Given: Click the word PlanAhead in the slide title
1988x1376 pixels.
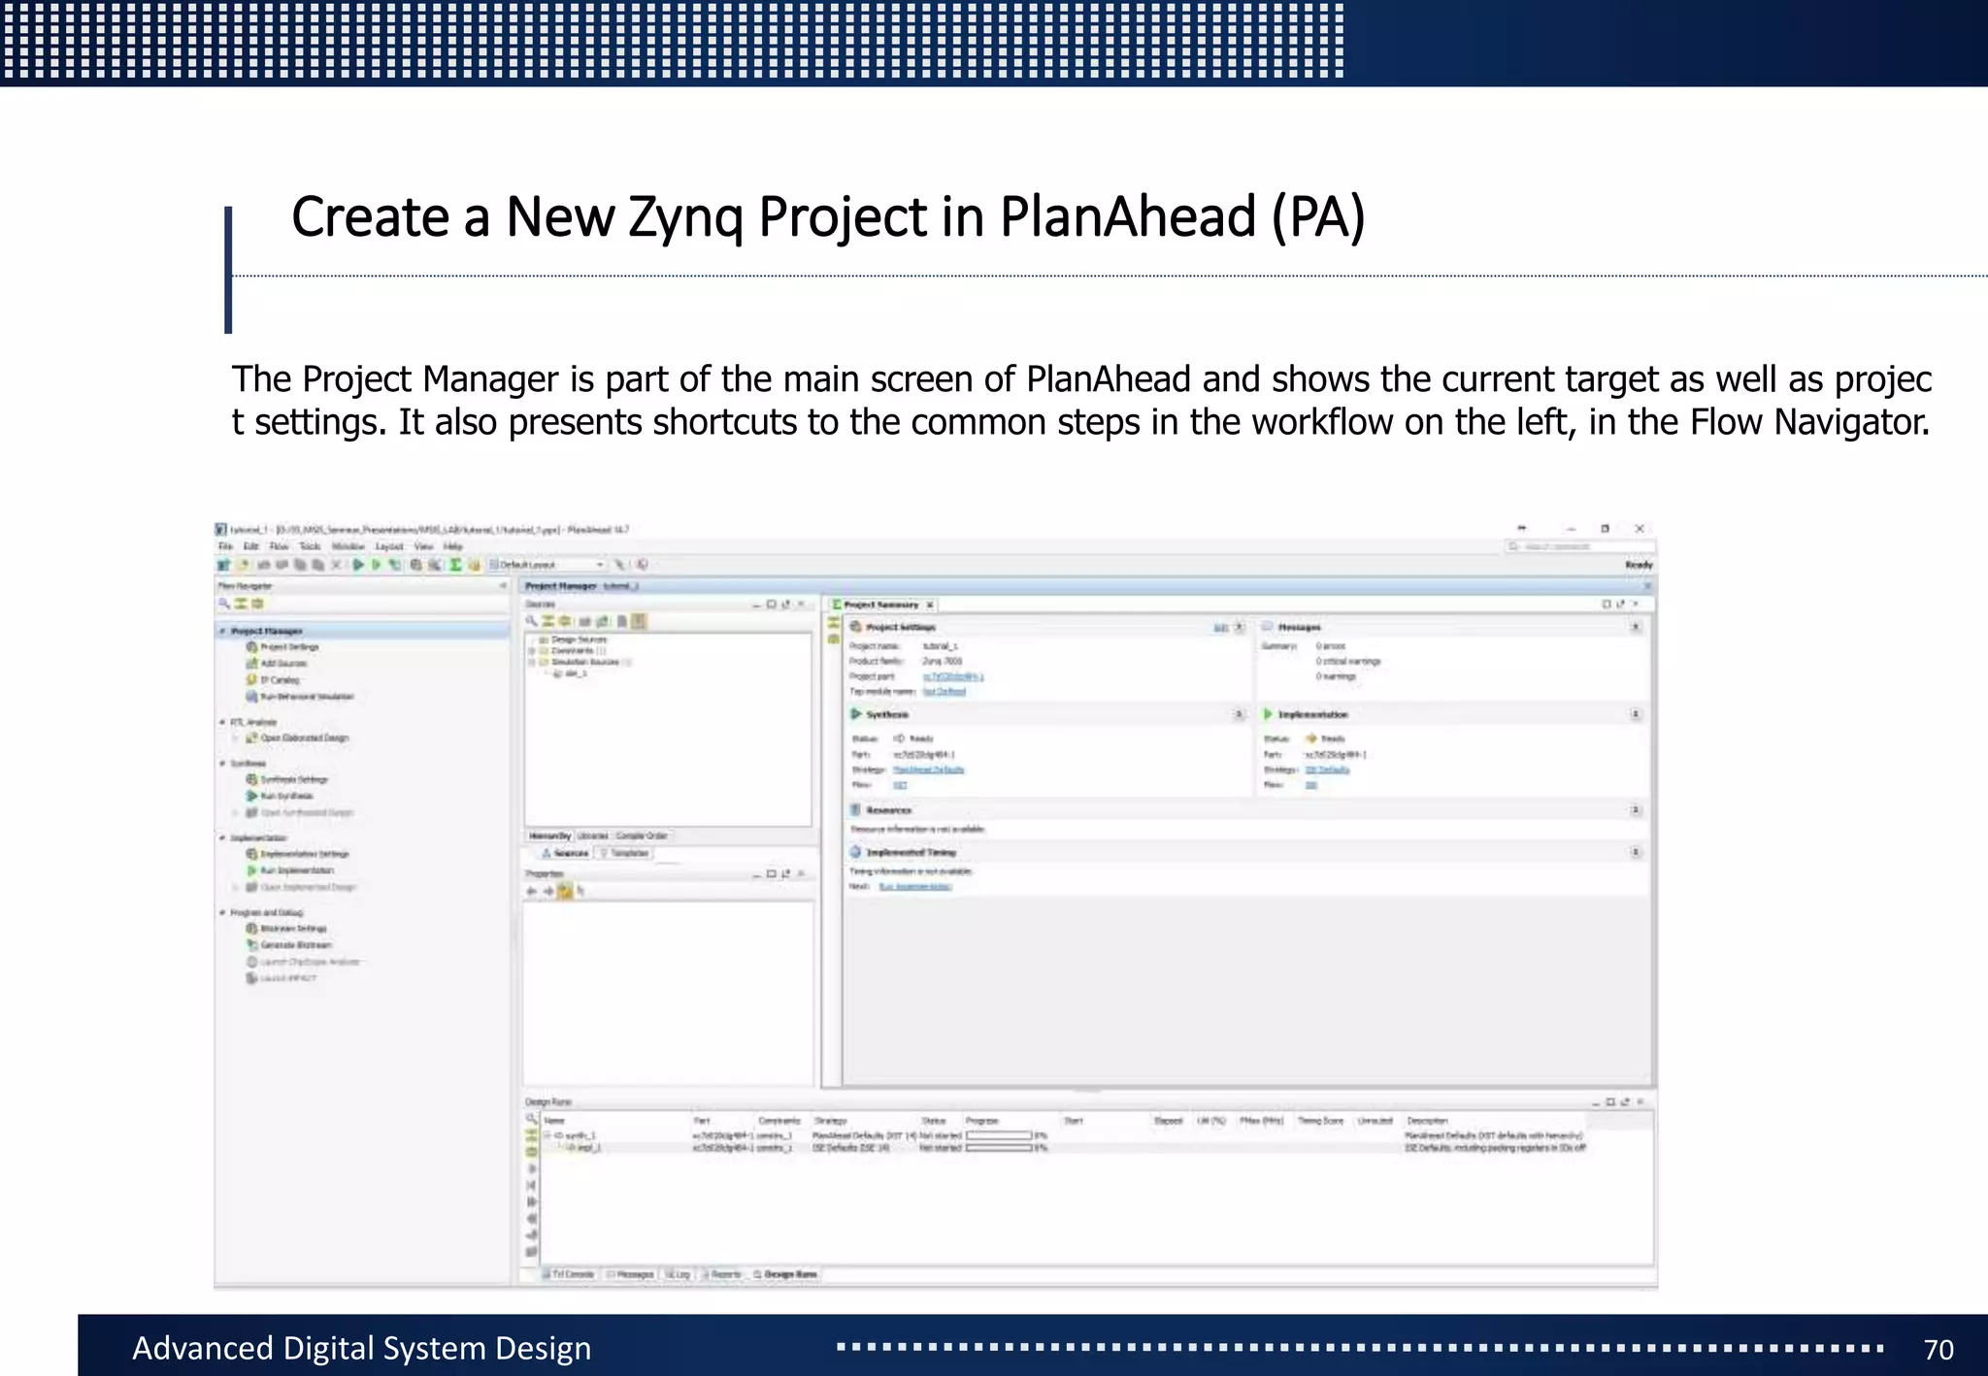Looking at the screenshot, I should (x=1128, y=216).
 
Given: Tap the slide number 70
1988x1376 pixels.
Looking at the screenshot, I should (x=1938, y=1349).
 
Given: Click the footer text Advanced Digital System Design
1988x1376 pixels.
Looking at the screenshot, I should (x=361, y=1348).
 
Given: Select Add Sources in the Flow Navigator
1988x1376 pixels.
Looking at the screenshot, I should (x=283, y=664).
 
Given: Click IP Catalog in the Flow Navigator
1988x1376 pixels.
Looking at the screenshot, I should (x=280, y=680).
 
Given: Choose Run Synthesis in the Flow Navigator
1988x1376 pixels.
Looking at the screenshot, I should (x=286, y=796).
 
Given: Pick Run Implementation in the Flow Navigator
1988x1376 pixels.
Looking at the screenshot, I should (x=297, y=870).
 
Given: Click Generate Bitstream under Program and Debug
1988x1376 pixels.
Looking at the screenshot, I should (x=295, y=945).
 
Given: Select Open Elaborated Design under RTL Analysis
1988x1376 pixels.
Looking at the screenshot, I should (x=304, y=738).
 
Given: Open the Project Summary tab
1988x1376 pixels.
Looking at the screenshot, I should (x=880, y=605).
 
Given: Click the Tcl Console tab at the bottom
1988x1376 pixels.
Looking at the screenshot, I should (x=572, y=1274).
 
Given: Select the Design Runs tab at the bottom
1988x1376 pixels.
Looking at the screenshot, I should (x=790, y=1274).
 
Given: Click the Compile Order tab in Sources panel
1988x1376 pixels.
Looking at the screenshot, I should (x=642, y=835).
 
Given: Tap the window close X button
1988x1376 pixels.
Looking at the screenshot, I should (x=1640, y=529).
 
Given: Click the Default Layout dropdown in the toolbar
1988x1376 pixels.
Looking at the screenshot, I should (x=548, y=565).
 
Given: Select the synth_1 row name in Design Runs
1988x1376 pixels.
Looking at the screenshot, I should (x=580, y=1135).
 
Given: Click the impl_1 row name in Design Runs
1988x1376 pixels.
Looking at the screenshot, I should (x=589, y=1148).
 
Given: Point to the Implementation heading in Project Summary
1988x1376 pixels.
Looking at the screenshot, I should (x=1312, y=715).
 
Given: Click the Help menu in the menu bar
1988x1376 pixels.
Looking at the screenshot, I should (x=452, y=546).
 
